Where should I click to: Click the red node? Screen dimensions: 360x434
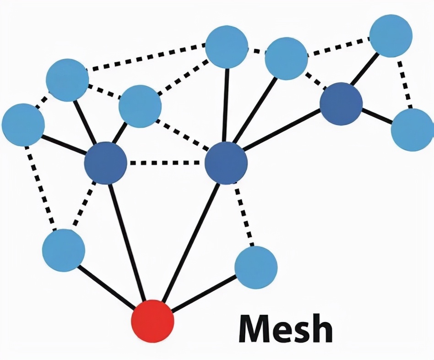tap(153, 321)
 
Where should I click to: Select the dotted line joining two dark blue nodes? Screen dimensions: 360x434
tap(166, 162)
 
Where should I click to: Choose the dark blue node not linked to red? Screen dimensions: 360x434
tap(341, 104)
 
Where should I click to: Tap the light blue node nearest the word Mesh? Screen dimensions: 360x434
tap(256, 267)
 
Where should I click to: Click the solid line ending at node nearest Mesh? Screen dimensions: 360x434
tap(205, 294)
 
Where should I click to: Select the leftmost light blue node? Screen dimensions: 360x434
tap(23, 125)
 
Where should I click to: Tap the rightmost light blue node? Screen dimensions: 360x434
tap(412, 130)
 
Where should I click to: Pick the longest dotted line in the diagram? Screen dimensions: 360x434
tap(146, 57)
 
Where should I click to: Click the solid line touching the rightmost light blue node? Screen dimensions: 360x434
tap(377, 116)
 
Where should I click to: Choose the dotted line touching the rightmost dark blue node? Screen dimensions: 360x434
tap(315, 81)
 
